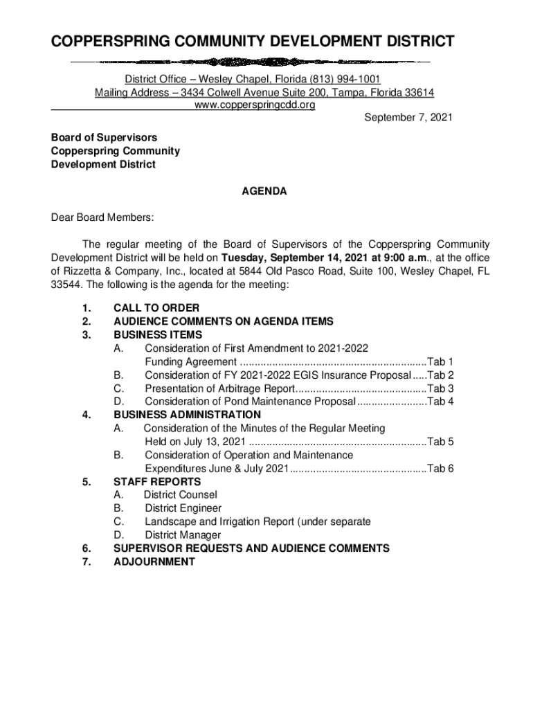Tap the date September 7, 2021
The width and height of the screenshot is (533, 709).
[x=408, y=118]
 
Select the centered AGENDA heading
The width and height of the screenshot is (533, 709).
[x=264, y=191]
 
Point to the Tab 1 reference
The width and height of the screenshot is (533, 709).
[x=440, y=362]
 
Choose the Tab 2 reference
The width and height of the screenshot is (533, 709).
[x=440, y=375]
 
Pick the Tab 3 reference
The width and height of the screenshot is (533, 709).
[x=440, y=388]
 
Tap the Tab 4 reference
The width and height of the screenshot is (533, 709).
[x=440, y=402]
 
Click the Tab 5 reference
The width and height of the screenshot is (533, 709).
[x=440, y=442]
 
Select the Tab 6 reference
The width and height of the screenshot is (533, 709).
[x=440, y=469]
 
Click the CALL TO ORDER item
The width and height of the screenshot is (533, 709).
[x=156, y=308]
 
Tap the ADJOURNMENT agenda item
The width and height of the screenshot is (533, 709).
[x=154, y=562]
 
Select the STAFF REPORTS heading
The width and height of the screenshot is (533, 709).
[x=157, y=482]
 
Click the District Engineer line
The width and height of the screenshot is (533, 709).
[x=183, y=508]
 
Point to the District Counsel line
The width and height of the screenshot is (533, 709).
[x=180, y=495]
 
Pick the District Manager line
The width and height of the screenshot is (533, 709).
[x=183, y=535]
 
